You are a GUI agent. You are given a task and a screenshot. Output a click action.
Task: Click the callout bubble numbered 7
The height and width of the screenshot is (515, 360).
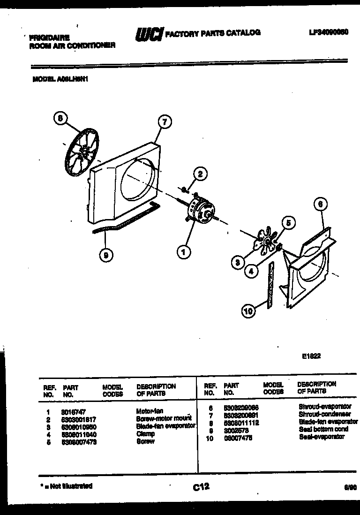164,123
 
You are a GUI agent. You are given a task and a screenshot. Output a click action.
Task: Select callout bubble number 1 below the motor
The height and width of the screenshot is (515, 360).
184,253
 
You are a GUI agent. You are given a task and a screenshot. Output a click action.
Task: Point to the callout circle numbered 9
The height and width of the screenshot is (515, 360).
106,255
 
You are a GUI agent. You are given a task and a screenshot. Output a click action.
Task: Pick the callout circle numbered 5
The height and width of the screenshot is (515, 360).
288,223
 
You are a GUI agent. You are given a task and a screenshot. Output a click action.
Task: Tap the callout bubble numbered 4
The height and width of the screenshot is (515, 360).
252,270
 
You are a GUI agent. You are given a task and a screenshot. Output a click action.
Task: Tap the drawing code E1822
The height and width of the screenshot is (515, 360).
311,356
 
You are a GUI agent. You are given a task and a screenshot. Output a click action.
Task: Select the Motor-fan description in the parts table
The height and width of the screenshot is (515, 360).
149,410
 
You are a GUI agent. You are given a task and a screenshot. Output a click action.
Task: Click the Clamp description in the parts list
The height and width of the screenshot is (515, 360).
145,434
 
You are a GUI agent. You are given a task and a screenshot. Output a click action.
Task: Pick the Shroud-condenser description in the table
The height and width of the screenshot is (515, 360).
324,414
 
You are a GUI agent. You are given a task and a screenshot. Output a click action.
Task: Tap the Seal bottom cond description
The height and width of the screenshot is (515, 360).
323,429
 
